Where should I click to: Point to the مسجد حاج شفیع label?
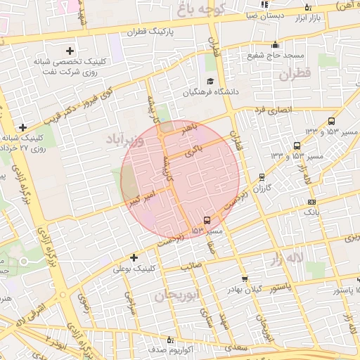274,56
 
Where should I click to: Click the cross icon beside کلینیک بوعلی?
134,257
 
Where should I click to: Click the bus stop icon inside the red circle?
206,219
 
